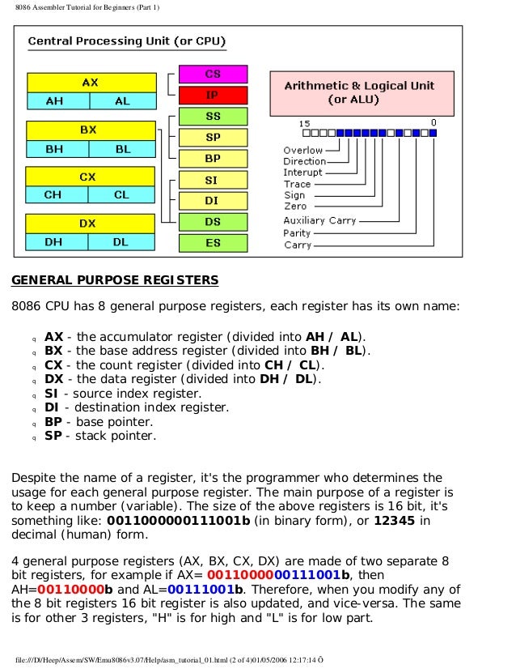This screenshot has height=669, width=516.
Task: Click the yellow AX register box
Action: tap(91, 83)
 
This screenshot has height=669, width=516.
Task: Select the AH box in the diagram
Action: tap(55, 102)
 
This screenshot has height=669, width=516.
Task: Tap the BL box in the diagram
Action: tap(123, 149)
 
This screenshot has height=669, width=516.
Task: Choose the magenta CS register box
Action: tap(213, 74)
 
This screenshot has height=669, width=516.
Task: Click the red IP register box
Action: tap(213, 95)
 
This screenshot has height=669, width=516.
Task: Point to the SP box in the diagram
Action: tap(213, 138)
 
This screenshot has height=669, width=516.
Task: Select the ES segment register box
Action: tap(213, 242)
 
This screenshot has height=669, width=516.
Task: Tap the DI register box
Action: tap(213, 200)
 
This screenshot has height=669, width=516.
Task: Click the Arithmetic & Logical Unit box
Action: tap(359, 92)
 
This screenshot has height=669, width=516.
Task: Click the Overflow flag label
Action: tap(303, 150)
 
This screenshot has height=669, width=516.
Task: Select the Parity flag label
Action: tap(297, 233)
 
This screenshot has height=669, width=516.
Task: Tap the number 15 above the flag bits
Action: tap(304, 123)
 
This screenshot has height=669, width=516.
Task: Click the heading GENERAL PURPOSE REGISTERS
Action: tap(114, 281)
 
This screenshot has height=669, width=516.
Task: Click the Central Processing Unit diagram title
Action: tap(127, 40)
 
